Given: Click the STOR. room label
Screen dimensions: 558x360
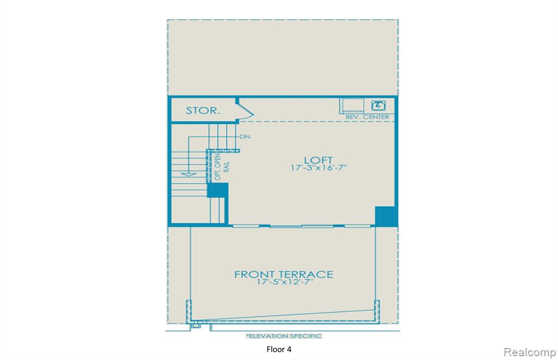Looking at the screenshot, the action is [203, 111].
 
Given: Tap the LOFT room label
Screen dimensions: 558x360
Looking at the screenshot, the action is [318, 160].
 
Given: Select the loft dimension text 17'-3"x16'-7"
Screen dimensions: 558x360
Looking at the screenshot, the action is [318, 168].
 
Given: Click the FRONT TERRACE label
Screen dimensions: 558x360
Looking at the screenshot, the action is [283, 274].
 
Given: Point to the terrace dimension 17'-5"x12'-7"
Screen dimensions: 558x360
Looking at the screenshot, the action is [284, 282].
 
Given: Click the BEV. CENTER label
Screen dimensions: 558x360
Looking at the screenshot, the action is [367, 117].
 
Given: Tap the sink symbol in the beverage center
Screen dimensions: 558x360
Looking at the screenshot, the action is [378, 105].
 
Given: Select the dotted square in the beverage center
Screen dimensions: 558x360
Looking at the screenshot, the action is [353, 106].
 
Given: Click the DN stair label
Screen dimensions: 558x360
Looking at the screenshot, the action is [245, 137].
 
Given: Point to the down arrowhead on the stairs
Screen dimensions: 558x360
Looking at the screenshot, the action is [189, 174].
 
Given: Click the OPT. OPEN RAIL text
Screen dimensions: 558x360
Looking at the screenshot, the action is [222, 167].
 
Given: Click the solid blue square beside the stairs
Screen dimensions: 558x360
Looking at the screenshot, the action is [217, 190].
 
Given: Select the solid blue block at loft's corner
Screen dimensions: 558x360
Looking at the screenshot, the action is [385, 216].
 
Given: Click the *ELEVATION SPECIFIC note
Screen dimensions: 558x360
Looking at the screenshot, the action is [284, 336].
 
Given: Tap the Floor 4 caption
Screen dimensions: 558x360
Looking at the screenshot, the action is [279, 349].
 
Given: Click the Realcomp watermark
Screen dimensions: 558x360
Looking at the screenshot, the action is [530, 352].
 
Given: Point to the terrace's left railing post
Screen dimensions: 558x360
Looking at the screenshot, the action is [189, 310].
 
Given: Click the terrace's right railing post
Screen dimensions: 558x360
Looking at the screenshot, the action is [377, 310].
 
